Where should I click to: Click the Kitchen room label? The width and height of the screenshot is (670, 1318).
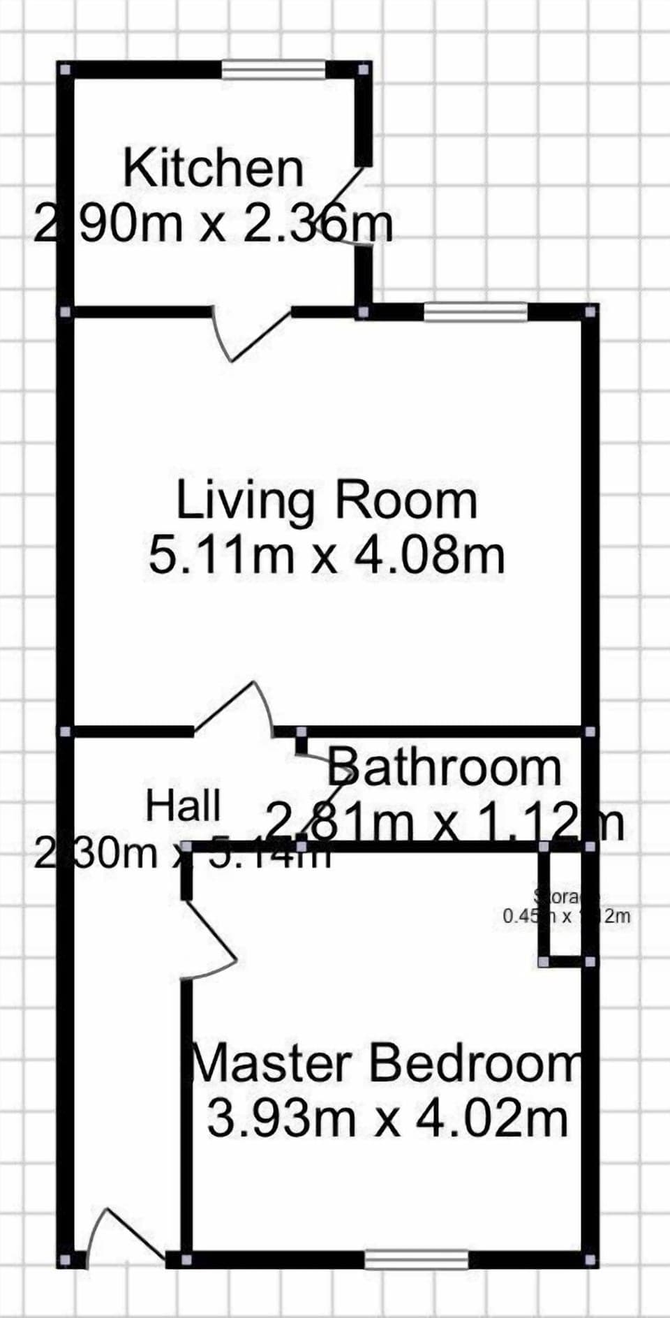tap(213, 168)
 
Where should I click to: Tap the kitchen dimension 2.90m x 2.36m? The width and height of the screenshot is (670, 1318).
tap(213, 224)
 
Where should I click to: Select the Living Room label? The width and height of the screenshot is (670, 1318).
tap(326, 501)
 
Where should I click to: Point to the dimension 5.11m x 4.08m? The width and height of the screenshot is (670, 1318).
tap(326, 556)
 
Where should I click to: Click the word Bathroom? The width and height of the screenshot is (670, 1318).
tap(445, 767)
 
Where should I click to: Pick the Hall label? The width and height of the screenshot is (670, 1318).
tap(183, 806)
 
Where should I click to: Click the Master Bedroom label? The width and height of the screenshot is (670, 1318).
tap(386, 1063)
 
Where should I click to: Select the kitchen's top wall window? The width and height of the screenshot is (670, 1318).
tap(274, 69)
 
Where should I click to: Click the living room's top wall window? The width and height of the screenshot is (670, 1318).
tap(475, 311)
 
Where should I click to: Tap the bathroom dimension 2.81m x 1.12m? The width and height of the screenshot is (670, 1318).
tap(445, 821)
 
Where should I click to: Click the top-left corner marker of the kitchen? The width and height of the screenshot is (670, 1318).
tap(65, 70)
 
